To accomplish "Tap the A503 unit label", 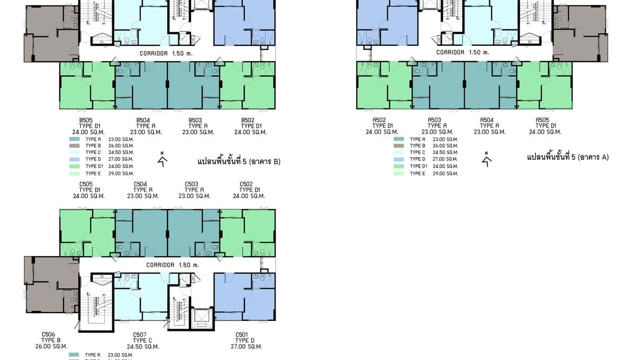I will coord(434,120).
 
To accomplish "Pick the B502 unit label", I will coord(247,120).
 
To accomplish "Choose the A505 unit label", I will coord(542,120).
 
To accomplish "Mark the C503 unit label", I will coord(192,184).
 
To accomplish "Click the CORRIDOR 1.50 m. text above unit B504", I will coord(166,53).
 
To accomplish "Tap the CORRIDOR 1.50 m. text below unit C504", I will coord(172,265).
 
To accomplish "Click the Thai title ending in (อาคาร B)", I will coord(239,161).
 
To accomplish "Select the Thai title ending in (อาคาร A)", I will coord(568,157).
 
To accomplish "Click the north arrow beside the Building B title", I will coord(163,159).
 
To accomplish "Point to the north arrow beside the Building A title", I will coord(487,159).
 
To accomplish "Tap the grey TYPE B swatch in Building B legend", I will coord(75,146).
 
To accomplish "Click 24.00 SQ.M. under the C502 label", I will coord(249,196).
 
